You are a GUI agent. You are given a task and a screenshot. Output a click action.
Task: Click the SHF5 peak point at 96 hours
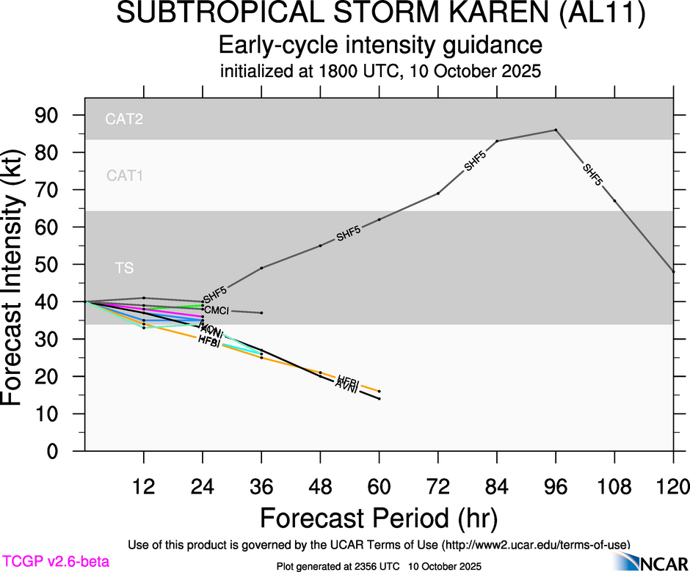(556, 130)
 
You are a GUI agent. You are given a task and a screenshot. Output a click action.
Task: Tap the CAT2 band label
(124, 120)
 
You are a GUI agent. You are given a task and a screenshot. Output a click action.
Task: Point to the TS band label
(124, 268)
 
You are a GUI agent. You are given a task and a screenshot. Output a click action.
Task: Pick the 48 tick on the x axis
(320, 485)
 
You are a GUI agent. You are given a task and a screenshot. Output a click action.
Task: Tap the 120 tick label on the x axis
(673, 485)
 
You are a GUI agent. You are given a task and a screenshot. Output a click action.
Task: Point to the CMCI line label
(217, 311)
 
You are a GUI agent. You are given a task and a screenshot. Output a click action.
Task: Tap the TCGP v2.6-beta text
(55, 562)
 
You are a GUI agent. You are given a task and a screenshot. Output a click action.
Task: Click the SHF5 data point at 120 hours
(673, 271)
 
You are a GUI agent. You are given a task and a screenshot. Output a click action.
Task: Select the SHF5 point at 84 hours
(497, 141)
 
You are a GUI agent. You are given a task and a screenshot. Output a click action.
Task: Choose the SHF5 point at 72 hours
(438, 193)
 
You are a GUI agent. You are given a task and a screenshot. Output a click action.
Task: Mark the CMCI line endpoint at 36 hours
(261, 312)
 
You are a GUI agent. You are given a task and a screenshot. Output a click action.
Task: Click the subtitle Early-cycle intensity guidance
(380, 46)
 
